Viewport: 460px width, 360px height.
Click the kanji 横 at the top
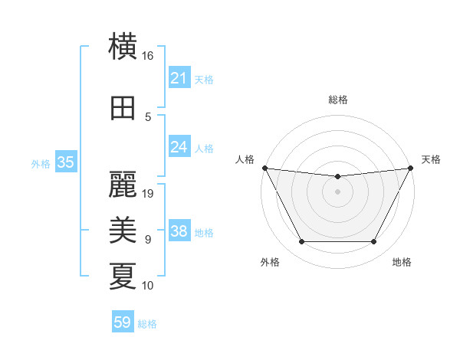(x=123, y=47)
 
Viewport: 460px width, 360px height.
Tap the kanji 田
(x=123, y=108)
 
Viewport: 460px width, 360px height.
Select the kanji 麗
(x=123, y=184)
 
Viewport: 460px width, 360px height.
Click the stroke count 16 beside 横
(x=148, y=56)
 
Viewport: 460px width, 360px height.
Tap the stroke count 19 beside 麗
(x=149, y=193)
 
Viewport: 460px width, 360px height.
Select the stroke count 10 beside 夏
(x=148, y=286)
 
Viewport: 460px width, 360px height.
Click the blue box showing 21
(x=179, y=78)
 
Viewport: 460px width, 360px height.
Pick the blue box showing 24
(x=179, y=147)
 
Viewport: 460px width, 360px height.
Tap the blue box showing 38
(x=179, y=231)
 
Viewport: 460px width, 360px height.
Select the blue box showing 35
(x=65, y=162)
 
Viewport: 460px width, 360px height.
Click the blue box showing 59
(x=123, y=323)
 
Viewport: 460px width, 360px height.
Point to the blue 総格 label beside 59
(x=147, y=324)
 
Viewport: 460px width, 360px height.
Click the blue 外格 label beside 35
(x=41, y=163)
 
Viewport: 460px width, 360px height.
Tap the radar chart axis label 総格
(x=337, y=100)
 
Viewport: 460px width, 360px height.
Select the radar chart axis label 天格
(x=431, y=159)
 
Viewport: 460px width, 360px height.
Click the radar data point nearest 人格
(x=264, y=168)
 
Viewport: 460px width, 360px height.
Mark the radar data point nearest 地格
(x=373, y=242)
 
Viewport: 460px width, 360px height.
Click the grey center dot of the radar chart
(x=337, y=191)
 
